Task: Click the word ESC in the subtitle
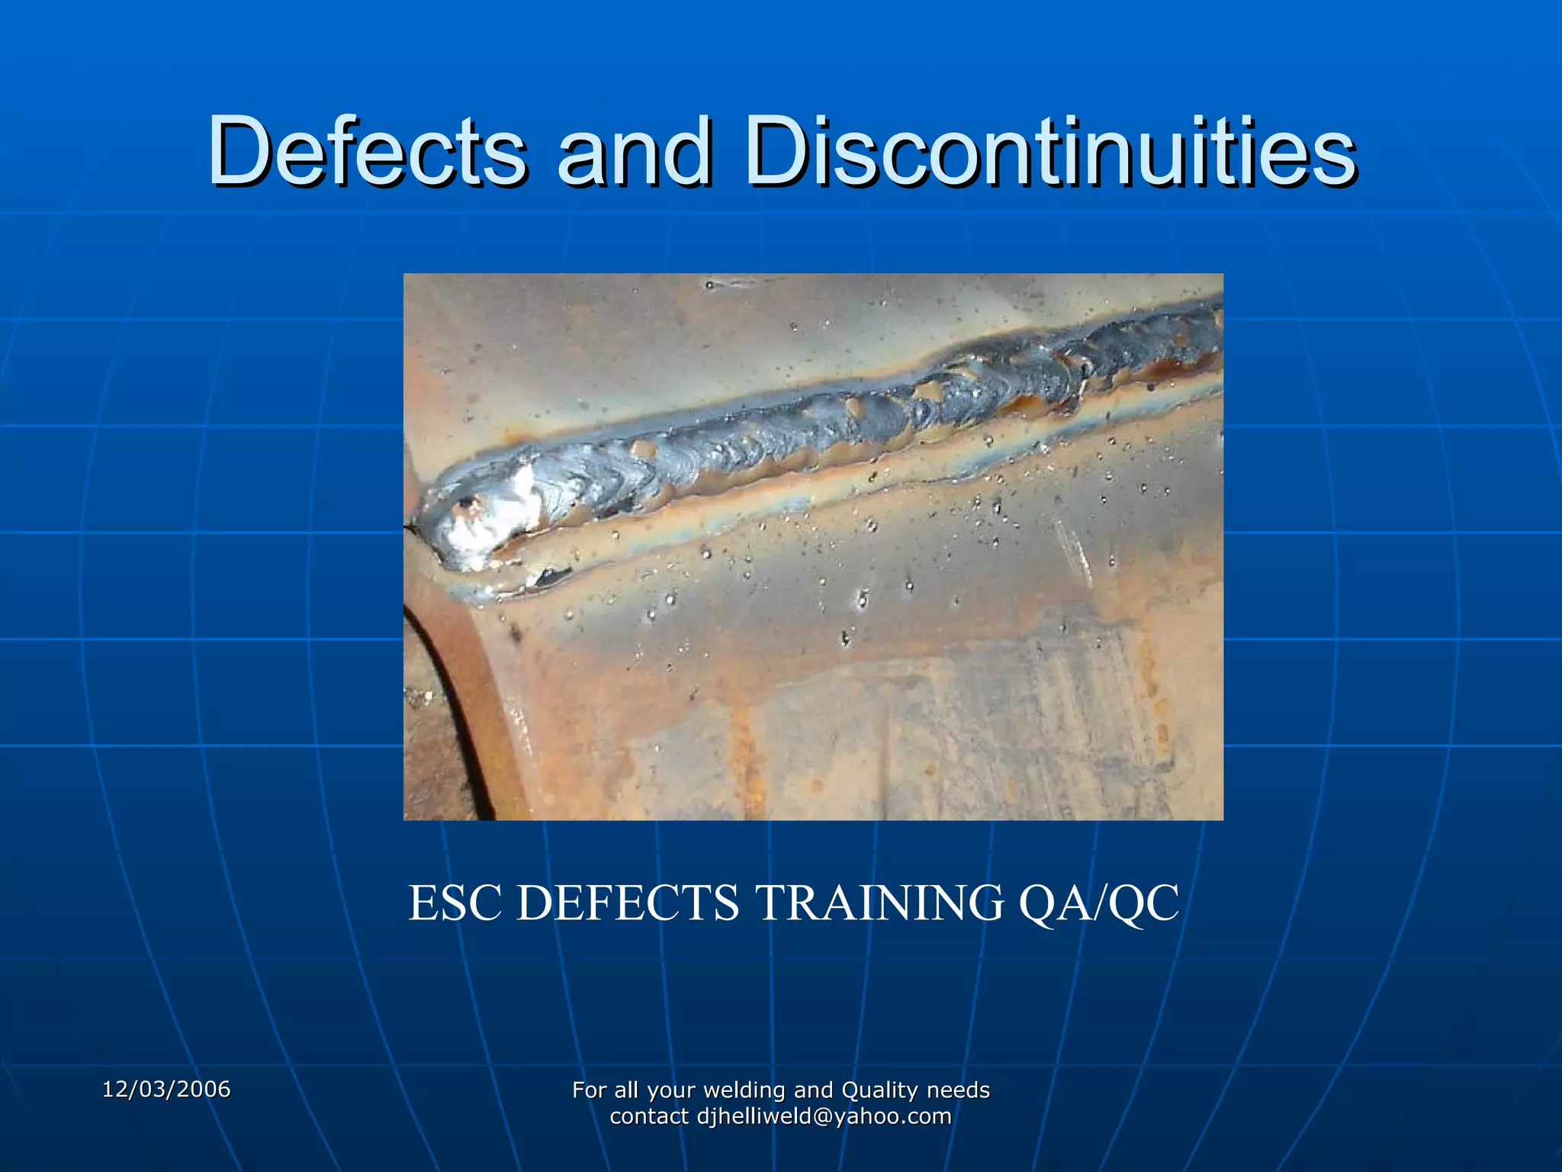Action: coord(458,903)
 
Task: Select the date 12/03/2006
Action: coord(166,1089)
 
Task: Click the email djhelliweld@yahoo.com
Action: coord(824,1116)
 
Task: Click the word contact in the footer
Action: coord(649,1116)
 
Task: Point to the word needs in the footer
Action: coord(958,1090)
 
